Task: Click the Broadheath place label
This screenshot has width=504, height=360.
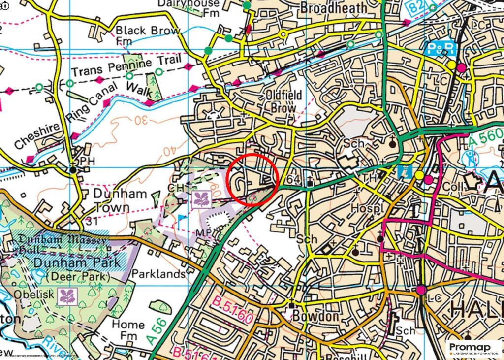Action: (333, 8)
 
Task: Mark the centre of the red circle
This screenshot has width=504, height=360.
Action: (252, 179)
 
